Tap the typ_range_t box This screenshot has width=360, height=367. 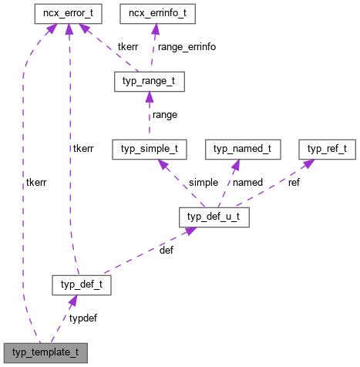point(149,80)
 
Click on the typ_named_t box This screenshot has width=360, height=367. point(243,146)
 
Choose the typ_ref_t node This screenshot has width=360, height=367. point(327,146)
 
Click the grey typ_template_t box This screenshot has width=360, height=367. point(45,353)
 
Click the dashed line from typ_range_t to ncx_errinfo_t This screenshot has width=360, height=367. point(152,50)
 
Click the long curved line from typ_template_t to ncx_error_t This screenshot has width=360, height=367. point(24,193)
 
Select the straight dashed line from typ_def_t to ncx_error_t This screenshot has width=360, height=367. point(70,154)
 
